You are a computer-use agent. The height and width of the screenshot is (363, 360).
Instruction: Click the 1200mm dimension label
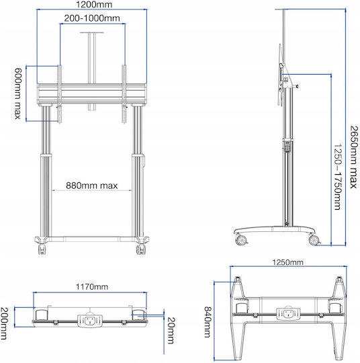94,5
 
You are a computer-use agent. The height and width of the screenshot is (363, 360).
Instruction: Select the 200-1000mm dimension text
92,18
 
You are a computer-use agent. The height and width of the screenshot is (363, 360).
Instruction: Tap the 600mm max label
18,93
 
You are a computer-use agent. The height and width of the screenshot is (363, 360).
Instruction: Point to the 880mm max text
92,186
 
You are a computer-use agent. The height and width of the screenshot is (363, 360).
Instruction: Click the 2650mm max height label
353,157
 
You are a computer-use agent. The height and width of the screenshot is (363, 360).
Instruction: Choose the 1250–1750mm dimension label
338,176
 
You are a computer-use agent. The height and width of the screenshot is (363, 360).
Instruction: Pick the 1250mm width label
287,262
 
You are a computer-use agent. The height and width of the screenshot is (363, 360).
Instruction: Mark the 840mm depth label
208,322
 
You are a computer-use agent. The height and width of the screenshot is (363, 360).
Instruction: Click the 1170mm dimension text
92,287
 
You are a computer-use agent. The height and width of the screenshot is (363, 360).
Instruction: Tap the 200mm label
4,323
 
